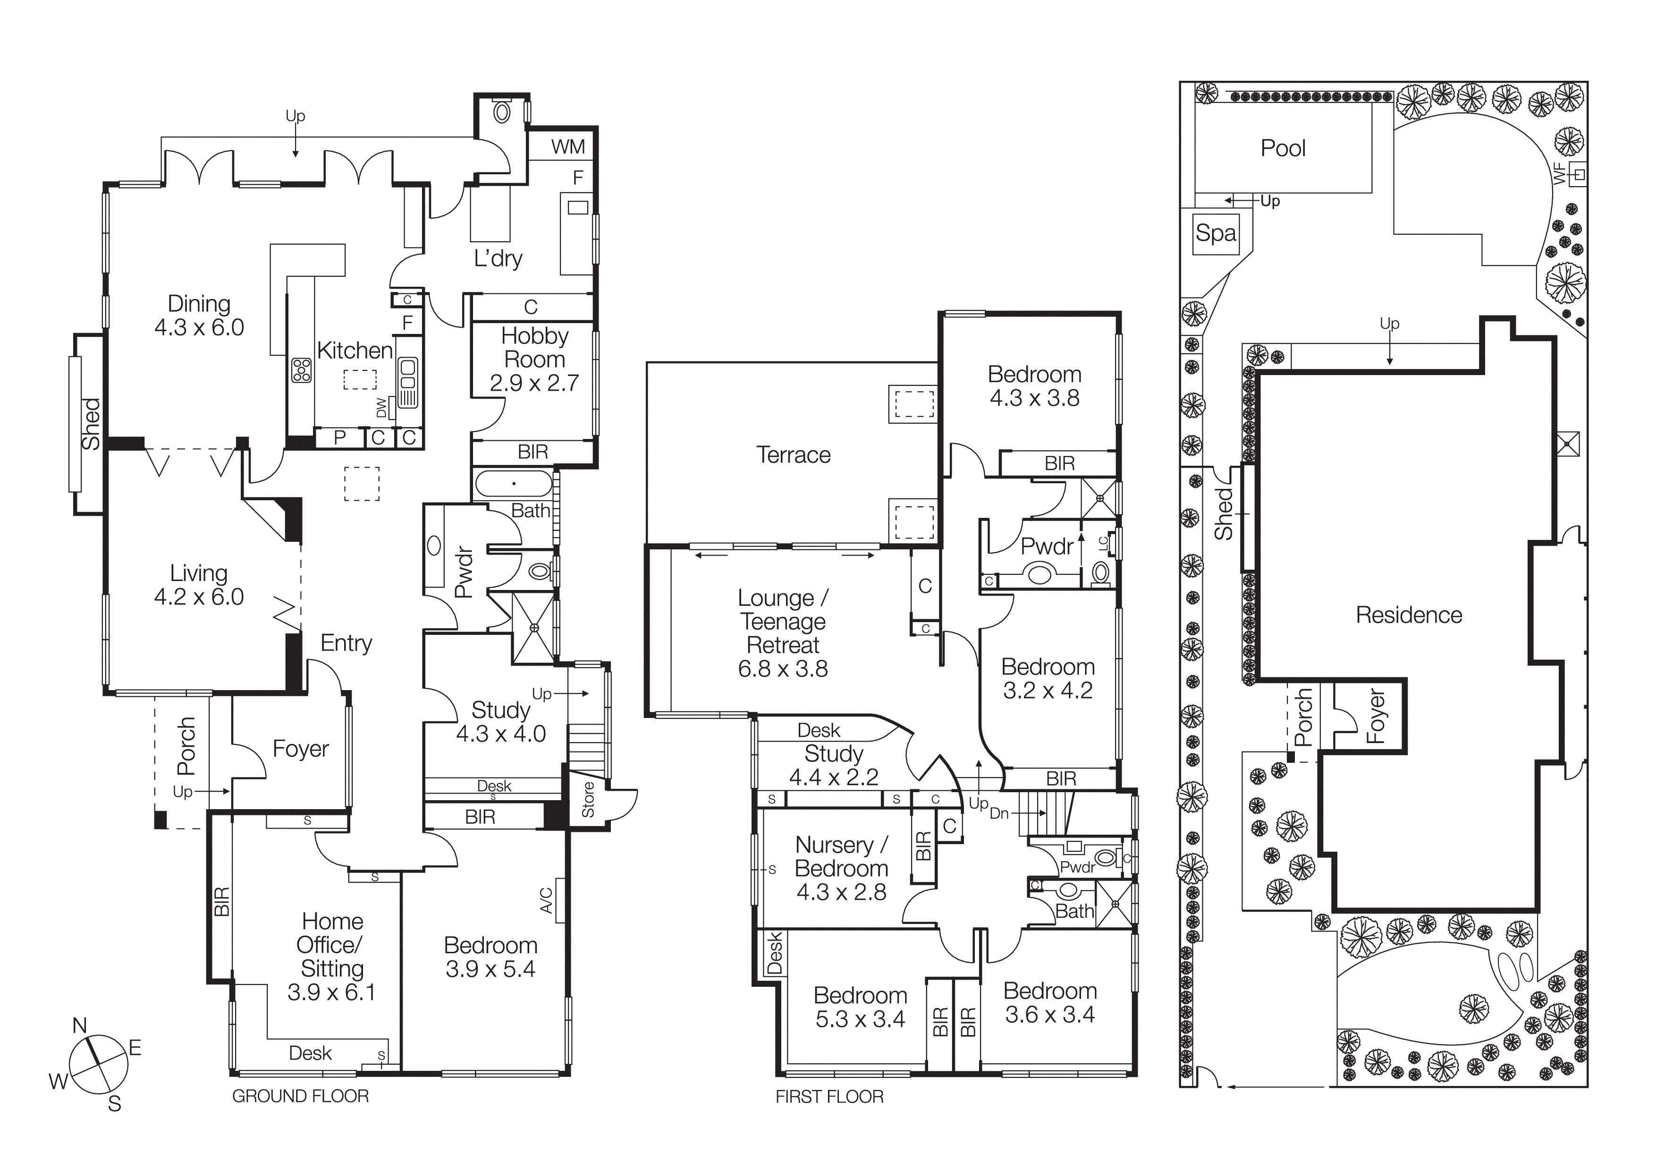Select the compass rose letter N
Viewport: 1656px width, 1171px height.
[x=79, y=1025]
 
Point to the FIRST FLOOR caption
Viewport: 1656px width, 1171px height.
[x=829, y=1097]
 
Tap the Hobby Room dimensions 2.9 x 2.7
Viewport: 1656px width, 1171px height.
[x=534, y=383]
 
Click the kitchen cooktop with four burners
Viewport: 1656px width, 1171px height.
[x=301, y=370]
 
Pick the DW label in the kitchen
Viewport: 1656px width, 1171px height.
[x=381, y=408]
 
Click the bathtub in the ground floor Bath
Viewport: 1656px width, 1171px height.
[x=514, y=483]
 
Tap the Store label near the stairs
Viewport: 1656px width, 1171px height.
[x=588, y=799]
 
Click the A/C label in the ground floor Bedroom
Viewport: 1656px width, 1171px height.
[x=546, y=900]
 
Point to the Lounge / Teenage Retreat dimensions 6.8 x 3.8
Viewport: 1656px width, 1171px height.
[x=783, y=669]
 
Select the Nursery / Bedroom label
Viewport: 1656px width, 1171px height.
[x=841, y=856]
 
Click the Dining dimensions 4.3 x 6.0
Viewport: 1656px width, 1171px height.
[x=199, y=327]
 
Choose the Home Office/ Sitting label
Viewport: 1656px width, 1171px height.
[x=332, y=944]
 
